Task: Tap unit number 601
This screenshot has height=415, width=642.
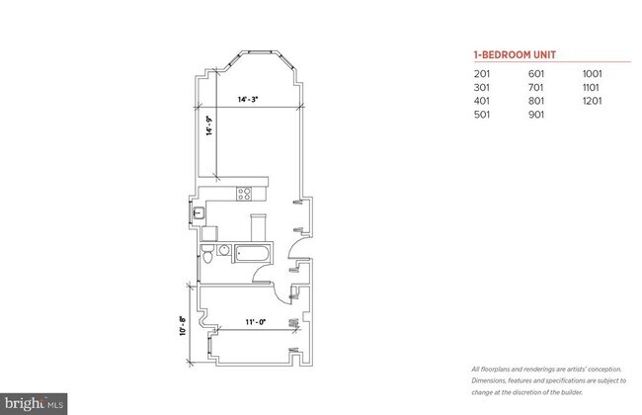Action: point(537,73)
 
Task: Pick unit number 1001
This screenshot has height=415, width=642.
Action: point(593,73)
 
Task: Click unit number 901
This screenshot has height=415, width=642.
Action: point(537,115)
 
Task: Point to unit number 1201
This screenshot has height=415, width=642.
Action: point(593,101)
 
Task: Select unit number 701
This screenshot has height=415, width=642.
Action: point(537,87)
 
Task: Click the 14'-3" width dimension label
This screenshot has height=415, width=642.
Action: point(248,99)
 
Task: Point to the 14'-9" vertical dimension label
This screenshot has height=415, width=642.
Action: point(208,127)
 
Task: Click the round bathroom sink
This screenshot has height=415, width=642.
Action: point(223,251)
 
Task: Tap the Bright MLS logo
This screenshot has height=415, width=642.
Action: point(34,403)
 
